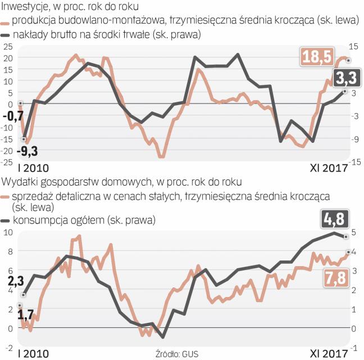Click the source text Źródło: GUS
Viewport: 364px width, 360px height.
(176, 354)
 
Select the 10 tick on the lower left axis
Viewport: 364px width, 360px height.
(8, 232)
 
